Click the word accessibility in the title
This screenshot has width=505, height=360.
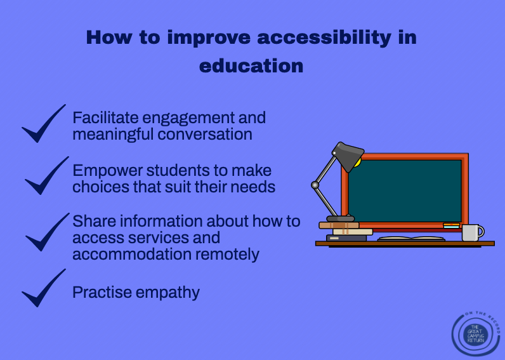324,38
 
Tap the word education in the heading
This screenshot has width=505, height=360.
251,66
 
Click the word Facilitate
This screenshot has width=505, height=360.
106,117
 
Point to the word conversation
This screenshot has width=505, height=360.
205,134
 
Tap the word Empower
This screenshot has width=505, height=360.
108,171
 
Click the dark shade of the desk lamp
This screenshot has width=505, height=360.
348,156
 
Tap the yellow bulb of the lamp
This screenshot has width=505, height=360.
357,163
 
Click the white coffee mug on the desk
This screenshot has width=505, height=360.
473,232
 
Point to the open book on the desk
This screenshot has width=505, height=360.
411,239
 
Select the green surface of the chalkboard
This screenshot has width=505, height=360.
405,191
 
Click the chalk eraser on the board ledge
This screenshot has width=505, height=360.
451,225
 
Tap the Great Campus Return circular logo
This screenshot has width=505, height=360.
476,334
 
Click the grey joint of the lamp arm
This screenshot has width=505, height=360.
315,185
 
